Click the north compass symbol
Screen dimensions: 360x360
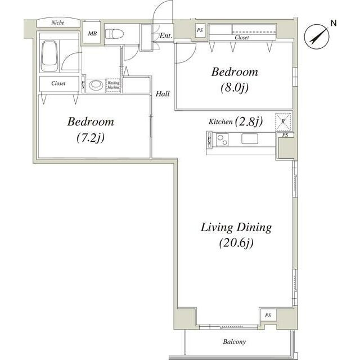click(317, 37)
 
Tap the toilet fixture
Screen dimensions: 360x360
click(114, 34)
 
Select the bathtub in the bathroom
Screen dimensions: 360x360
click(49, 56)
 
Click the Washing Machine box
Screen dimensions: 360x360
click(114, 85)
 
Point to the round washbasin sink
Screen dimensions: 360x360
click(94, 85)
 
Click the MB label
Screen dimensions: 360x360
click(92, 34)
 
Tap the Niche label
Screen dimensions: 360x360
click(58, 22)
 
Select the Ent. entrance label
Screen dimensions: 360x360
click(166, 35)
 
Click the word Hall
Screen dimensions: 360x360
click(163, 94)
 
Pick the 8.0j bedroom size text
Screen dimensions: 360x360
click(235, 88)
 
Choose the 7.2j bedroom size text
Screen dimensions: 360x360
click(91, 137)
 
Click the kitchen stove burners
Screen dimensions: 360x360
click(222, 140)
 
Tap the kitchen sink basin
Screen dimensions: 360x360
click(250, 139)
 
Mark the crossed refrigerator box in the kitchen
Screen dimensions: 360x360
click(283, 121)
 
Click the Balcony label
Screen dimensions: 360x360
click(235, 341)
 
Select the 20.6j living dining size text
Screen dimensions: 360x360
click(236, 243)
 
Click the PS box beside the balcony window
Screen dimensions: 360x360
click(268, 315)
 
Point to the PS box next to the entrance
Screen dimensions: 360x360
click(200, 30)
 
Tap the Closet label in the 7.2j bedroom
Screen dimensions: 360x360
click(58, 83)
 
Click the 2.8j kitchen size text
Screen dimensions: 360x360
click(249, 121)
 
